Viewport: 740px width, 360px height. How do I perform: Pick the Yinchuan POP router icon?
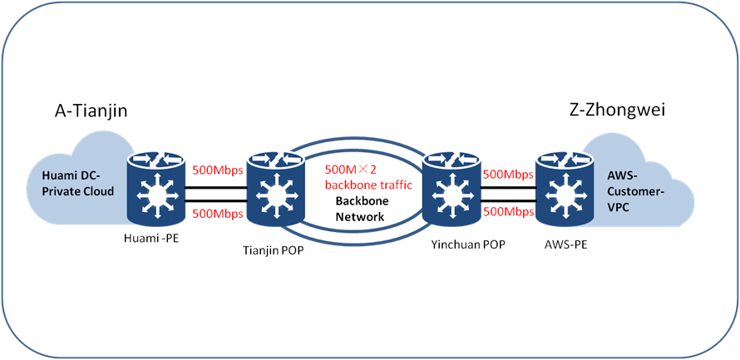pyautogui.click(x=452, y=190)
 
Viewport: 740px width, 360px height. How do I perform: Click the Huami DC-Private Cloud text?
pyautogui.click(x=76, y=183)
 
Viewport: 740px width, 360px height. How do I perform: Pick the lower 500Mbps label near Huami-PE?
pyautogui.click(x=217, y=214)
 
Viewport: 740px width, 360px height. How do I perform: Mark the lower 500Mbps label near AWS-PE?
pyautogui.click(x=507, y=211)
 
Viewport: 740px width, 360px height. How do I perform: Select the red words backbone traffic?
pyautogui.click(x=368, y=185)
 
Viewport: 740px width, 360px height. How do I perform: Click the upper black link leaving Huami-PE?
pyautogui.click(x=216, y=188)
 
